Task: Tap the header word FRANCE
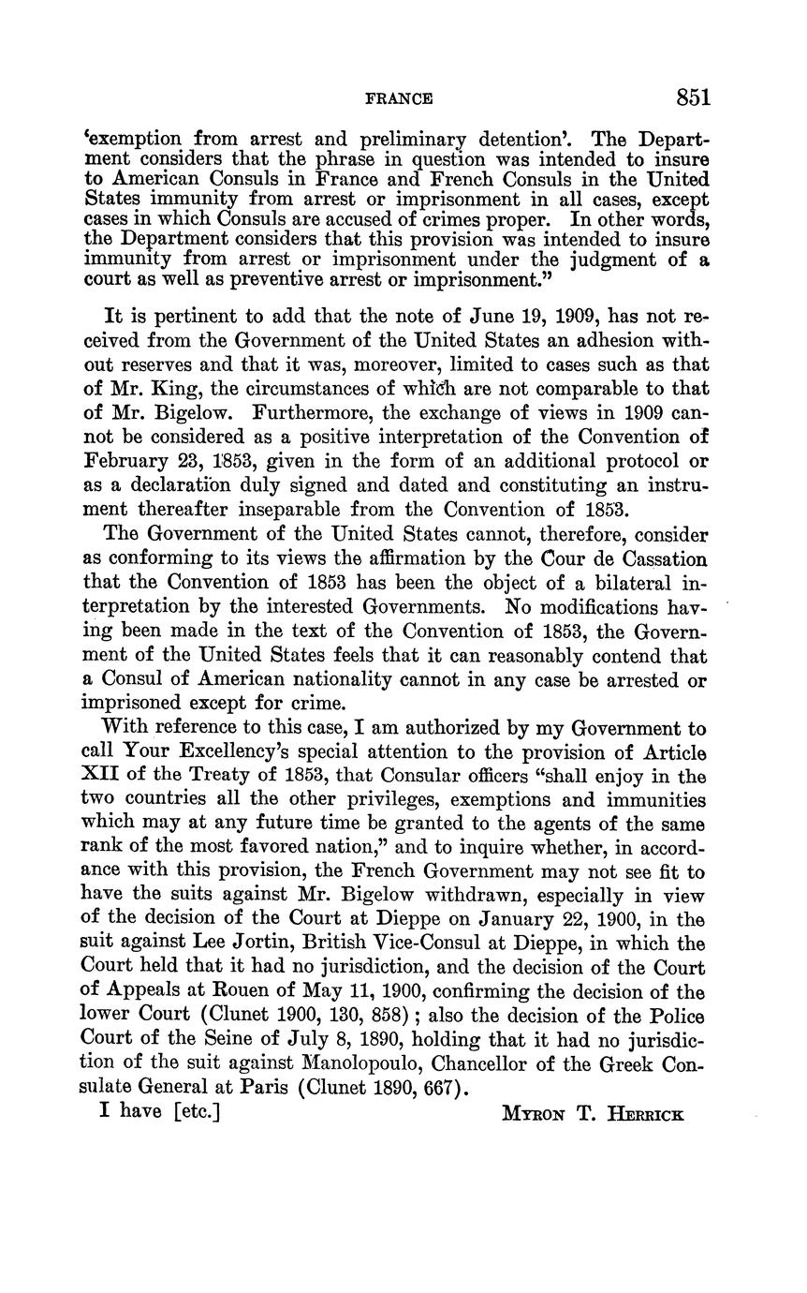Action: pos(398,98)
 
